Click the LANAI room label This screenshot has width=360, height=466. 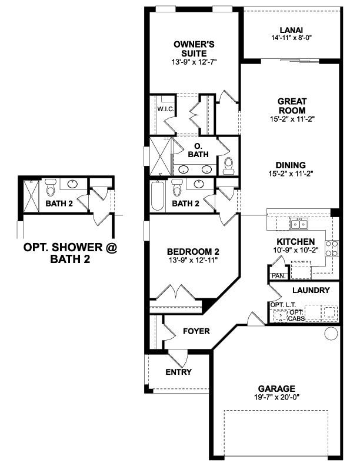pyautogui.click(x=291, y=31)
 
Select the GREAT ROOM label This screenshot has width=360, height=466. pyautogui.click(x=292, y=105)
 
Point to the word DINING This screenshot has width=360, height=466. pyautogui.click(x=292, y=165)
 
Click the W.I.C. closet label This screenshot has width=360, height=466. pyautogui.click(x=164, y=109)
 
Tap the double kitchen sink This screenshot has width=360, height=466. pyautogui.click(x=299, y=224)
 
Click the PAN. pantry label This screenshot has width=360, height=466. pyautogui.click(x=277, y=275)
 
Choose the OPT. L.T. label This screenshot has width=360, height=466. pyautogui.click(x=279, y=304)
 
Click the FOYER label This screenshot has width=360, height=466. pyautogui.click(x=196, y=331)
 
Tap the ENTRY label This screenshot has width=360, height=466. pyautogui.click(x=178, y=372)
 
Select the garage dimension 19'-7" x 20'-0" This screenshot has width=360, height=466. pyautogui.click(x=276, y=397)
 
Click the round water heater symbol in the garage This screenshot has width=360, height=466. pyautogui.click(x=331, y=334)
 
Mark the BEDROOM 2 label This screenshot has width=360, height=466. pyautogui.click(x=184, y=251)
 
